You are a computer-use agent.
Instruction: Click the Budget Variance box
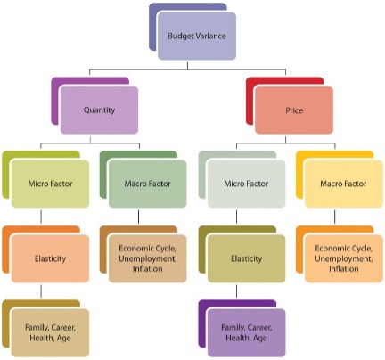click(197, 36)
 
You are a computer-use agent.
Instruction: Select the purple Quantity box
click(99, 110)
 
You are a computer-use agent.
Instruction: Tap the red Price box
click(294, 110)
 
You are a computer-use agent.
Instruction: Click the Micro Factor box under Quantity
click(50, 184)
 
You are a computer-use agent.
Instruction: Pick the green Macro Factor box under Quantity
click(147, 184)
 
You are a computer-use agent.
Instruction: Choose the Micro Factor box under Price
click(246, 184)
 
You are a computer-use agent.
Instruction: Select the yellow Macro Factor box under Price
click(344, 184)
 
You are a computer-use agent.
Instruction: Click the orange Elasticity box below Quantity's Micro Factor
click(50, 258)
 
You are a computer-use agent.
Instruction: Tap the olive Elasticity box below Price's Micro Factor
click(246, 258)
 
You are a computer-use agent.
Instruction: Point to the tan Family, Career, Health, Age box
click(50, 332)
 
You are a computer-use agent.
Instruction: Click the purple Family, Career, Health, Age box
click(246, 332)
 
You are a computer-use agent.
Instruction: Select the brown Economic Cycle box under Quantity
click(147, 258)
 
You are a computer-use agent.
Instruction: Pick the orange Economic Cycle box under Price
click(344, 258)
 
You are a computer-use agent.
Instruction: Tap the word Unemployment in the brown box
click(148, 258)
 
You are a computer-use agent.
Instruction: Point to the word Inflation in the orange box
click(344, 269)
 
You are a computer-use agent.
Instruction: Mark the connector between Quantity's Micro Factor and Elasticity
click(41, 217)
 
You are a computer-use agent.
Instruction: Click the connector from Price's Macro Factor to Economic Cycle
click(335, 217)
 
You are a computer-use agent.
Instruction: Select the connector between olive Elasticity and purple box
click(237, 291)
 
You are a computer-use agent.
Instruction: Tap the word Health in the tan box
click(39, 338)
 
